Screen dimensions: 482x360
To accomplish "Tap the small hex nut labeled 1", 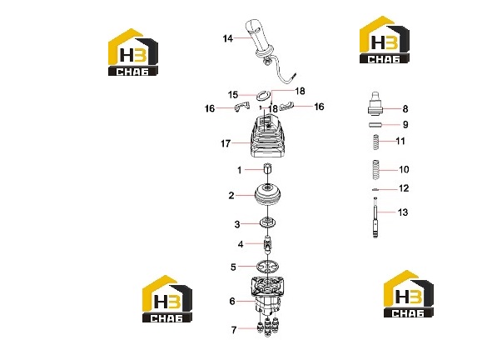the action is click(268, 169).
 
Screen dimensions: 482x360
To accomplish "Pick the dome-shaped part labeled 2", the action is click(268, 194).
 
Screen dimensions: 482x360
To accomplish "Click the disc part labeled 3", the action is click(267, 222).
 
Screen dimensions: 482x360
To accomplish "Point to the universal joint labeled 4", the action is click(268, 243).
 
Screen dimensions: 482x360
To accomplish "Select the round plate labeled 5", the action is click(268, 266).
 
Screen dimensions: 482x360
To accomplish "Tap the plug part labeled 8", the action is click(375, 104).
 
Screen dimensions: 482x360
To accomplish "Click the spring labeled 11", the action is click(375, 142).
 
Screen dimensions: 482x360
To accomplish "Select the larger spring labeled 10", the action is click(375, 169).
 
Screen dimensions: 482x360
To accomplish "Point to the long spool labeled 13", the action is click(375, 217).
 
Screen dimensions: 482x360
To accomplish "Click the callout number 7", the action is click(234, 330).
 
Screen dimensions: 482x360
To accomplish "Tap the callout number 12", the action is click(404, 188).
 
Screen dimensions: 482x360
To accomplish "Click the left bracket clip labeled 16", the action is click(241, 107).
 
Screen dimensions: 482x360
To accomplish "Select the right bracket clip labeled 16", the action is click(287, 106).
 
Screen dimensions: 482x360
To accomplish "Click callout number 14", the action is click(228, 38).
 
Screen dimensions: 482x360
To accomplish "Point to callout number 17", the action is click(226, 143).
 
